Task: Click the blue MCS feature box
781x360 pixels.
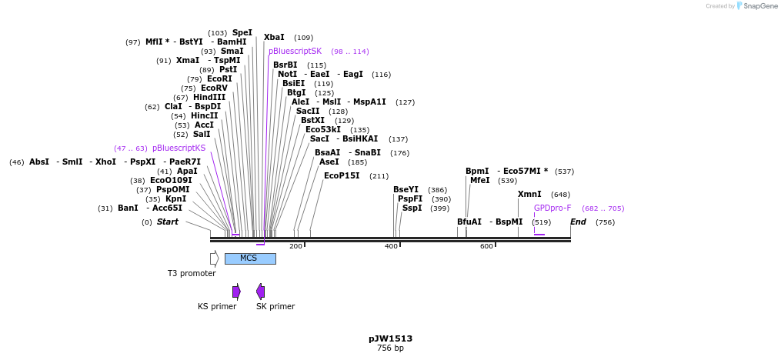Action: (x=249, y=258)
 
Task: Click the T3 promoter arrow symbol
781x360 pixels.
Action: (x=215, y=258)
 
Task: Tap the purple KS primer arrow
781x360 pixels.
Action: (x=237, y=292)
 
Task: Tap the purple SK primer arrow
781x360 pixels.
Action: (x=261, y=292)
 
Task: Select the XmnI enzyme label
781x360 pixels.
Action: (x=529, y=195)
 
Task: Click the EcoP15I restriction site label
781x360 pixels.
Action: (x=342, y=176)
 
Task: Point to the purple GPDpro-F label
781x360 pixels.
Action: (x=552, y=208)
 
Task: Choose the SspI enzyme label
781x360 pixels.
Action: (x=412, y=208)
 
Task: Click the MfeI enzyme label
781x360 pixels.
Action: (x=479, y=181)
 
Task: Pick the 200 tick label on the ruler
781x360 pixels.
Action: (x=295, y=246)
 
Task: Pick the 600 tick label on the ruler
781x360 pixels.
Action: (x=486, y=246)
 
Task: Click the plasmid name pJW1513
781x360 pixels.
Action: (x=390, y=338)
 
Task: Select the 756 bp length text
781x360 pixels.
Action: (x=390, y=348)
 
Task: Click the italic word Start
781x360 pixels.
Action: (x=168, y=222)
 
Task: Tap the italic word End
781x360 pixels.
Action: (x=578, y=222)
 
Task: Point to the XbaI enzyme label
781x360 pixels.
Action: (x=274, y=38)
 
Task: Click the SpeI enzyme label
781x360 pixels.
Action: (x=242, y=33)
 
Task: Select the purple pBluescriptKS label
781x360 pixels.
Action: (x=179, y=148)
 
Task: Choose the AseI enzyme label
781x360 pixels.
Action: (x=329, y=162)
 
